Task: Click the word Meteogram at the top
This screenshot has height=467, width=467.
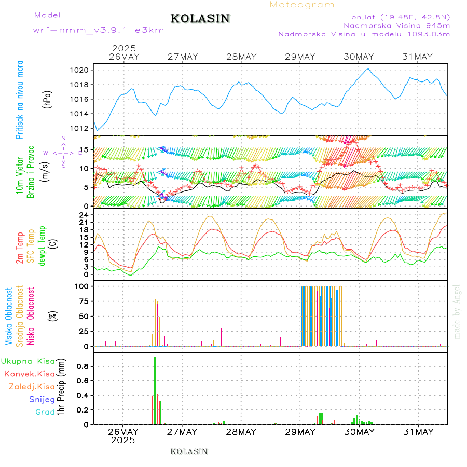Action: [x=302, y=5]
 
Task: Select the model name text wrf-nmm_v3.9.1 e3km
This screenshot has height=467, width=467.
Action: [x=99, y=30]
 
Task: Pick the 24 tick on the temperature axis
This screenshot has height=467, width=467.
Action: [x=86, y=215]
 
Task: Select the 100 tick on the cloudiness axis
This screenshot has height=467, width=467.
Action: [x=83, y=286]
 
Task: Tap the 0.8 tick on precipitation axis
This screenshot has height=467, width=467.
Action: [x=84, y=366]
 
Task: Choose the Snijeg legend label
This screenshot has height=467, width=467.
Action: [x=42, y=399]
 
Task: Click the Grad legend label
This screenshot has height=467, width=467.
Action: [x=45, y=412]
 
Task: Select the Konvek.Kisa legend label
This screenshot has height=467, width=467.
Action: [x=30, y=374]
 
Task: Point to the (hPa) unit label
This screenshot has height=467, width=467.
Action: [x=47, y=99]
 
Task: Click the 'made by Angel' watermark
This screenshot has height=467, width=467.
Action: [x=457, y=311]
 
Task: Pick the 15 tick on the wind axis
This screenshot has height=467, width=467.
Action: [x=86, y=150]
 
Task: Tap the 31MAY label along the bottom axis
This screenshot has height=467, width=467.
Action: [x=418, y=432]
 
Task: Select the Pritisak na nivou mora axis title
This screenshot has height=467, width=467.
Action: [x=20, y=100]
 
